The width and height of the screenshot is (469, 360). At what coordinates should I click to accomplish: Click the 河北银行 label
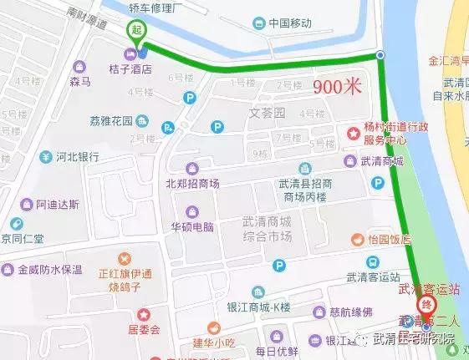78,156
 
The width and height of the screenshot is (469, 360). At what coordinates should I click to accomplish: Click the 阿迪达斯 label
58,204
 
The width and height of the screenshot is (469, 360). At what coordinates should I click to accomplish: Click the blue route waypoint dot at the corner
380,55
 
